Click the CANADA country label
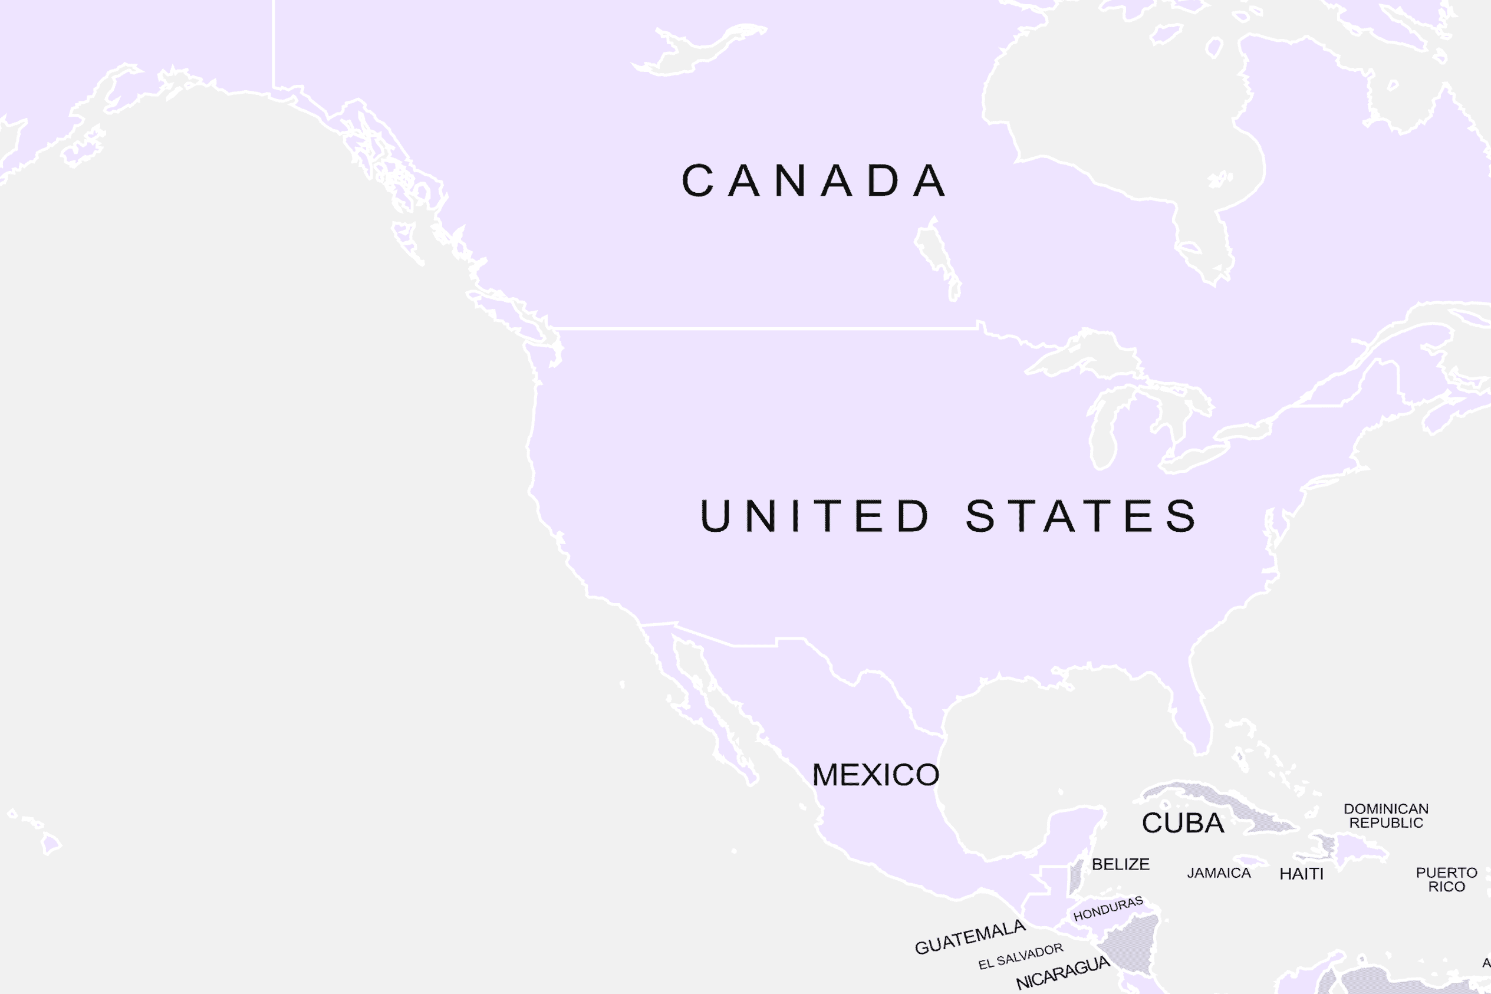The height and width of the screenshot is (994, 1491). [x=814, y=180]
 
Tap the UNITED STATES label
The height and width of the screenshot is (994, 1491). [x=948, y=515]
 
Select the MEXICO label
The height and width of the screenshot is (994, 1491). [x=875, y=775]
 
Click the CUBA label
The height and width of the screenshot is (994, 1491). [x=1183, y=823]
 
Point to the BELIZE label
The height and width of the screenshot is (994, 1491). [x=1120, y=864]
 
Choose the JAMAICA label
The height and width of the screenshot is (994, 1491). [x=1219, y=873]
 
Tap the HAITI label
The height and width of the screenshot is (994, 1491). [x=1301, y=874]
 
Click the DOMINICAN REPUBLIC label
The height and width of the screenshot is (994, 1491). [x=1386, y=815]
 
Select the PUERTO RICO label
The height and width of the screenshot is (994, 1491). [x=1447, y=879]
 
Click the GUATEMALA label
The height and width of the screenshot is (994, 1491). [x=969, y=937]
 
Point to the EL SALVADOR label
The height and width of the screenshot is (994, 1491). [x=1021, y=956]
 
